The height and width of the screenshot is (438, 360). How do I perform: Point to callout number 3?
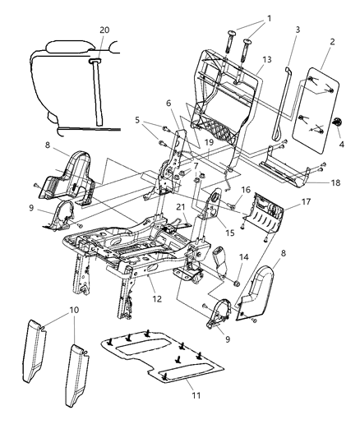coord(287,30)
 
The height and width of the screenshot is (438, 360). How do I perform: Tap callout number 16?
coord(246,190)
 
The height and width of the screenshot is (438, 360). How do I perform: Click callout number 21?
coord(179,208)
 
